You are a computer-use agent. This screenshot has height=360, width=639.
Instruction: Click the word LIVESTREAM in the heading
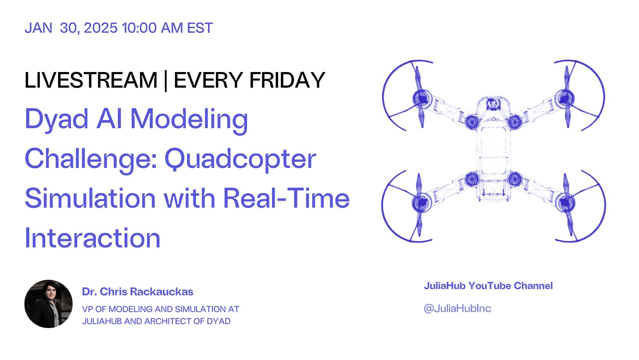[x=91, y=80]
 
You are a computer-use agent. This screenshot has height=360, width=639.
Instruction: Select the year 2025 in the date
[x=101, y=28]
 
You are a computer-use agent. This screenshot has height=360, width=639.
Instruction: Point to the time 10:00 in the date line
[x=139, y=28]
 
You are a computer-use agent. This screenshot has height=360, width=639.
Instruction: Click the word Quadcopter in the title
[x=240, y=159]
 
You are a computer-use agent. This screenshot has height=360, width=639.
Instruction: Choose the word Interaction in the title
[x=93, y=238]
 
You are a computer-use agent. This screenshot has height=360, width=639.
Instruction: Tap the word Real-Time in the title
[x=286, y=198]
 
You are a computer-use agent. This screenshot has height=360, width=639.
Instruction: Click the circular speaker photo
[x=48, y=304]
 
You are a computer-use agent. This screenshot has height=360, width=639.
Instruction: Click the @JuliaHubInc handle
[x=457, y=308]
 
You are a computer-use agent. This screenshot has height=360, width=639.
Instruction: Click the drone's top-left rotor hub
[x=422, y=99]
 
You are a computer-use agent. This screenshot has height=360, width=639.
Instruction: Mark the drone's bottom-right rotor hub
[x=565, y=203]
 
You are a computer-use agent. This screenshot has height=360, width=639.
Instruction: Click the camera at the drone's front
[x=493, y=104]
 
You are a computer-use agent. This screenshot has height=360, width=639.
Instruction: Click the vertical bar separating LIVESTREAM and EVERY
[x=166, y=81]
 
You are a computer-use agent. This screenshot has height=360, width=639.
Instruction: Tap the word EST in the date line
[x=199, y=28]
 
